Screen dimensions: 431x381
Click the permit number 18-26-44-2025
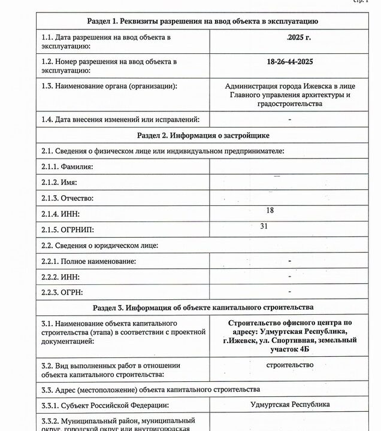(x=290, y=62)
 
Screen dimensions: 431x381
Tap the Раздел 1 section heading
(x=202, y=21)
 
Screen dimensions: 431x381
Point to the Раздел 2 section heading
(x=202, y=135)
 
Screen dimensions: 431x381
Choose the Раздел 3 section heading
(x=202, y=308)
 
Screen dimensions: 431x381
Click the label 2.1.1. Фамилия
(x=67, y=166)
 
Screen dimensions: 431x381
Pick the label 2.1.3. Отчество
(x=66, y=198)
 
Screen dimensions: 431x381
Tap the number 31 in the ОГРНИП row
(x=264, y=226)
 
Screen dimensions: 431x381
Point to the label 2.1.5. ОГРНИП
(x=68, y=229)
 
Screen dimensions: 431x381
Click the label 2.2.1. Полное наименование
(x=89, y=261)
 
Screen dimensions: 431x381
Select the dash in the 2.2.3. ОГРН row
(x=290, y=292)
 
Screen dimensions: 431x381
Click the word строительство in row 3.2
(x=290, y=364)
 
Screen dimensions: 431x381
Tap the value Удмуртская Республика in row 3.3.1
(x=290, y=404)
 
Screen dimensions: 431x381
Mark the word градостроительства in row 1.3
(x=290, y=104)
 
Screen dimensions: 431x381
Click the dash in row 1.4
(x=290, y=119)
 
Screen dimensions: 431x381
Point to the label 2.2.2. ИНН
(x=61, y=277)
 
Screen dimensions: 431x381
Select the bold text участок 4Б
(x=290, y=349)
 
